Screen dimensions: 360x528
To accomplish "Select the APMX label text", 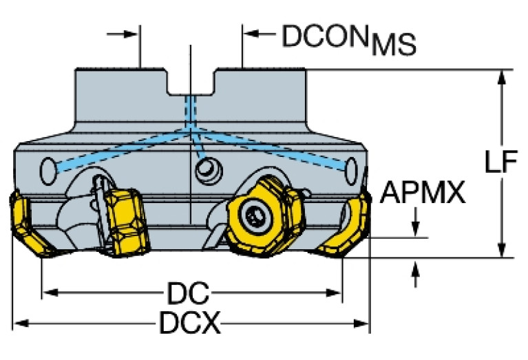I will (422, 193).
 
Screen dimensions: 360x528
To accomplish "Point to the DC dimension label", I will (187, 294).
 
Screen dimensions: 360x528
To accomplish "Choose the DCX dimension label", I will (190, 323).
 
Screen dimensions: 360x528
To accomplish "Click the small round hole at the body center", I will (204, 169).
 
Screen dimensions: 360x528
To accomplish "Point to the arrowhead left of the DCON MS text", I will (251, 32).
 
